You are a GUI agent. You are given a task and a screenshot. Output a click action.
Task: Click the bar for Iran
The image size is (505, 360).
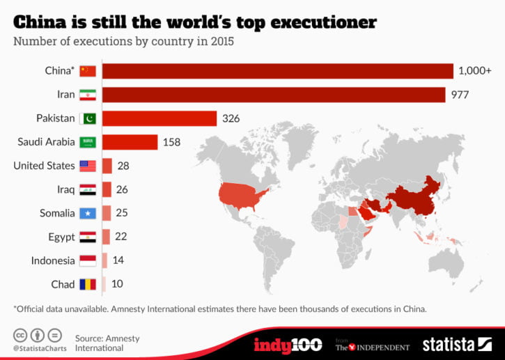[274, 95]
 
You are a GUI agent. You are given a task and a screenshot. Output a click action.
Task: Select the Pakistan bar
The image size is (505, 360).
[160, 118]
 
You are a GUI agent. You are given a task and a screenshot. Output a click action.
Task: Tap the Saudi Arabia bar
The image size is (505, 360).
[130, 142]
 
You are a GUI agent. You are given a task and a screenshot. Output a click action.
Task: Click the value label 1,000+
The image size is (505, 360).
[474, 71]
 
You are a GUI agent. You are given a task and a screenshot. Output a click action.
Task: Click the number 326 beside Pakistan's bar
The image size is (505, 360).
[231, 118]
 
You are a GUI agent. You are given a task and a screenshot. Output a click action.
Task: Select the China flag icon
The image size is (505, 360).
[87, 71]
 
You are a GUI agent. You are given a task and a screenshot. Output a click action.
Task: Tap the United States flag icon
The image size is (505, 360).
[87, 166]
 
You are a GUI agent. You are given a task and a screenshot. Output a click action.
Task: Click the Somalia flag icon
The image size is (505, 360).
[87, 213]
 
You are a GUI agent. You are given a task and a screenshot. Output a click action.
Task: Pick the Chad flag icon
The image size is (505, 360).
[87, 284]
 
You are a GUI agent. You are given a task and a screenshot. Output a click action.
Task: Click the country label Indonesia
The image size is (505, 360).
[53, 260]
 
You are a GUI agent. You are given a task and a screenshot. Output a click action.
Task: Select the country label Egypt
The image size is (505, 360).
[61, 237]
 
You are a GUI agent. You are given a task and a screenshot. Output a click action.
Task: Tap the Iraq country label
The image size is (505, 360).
[64, 189]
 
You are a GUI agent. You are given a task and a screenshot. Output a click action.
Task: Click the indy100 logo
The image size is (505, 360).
[287, 344]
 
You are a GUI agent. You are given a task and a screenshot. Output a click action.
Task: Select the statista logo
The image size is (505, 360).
[456, 344]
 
